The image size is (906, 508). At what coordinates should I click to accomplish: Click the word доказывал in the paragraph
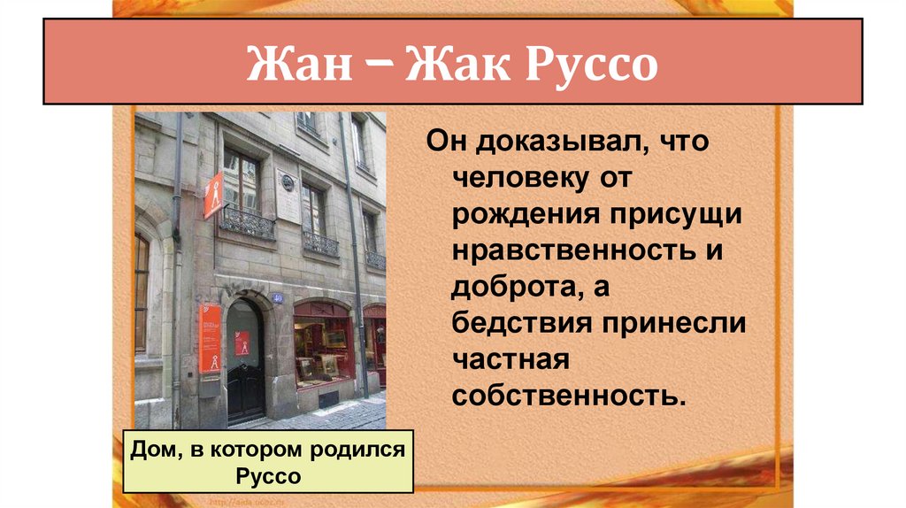[x=554, y=141]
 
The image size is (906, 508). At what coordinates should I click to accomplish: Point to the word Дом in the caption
[x=155, y=450]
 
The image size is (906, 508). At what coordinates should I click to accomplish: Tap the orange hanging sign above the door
[x=213, y=195]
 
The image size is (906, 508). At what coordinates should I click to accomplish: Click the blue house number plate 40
[x=277, y=298]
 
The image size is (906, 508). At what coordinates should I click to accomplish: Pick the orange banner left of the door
[x=211, y=338]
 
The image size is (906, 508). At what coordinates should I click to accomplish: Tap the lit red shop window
[x=323, y=347]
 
